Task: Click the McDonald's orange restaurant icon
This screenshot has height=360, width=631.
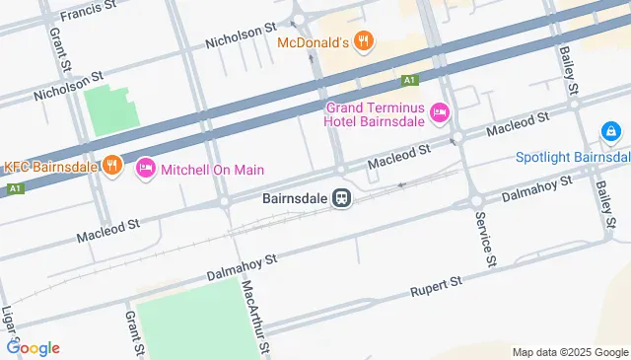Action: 364,41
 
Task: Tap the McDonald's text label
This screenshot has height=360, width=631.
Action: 314,42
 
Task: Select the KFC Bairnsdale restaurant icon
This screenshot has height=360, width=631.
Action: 111,166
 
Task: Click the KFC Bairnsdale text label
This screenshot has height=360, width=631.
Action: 51,166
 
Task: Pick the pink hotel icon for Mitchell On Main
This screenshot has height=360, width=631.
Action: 146,169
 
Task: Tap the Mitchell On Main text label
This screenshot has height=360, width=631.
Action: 213,170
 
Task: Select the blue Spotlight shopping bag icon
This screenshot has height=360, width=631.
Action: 611,131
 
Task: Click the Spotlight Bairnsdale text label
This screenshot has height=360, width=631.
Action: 573,158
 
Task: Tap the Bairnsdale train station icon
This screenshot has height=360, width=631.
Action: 342,198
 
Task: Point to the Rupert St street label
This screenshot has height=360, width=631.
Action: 435,288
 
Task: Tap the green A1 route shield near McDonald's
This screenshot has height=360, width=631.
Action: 410,79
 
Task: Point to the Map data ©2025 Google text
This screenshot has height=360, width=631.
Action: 569,352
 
